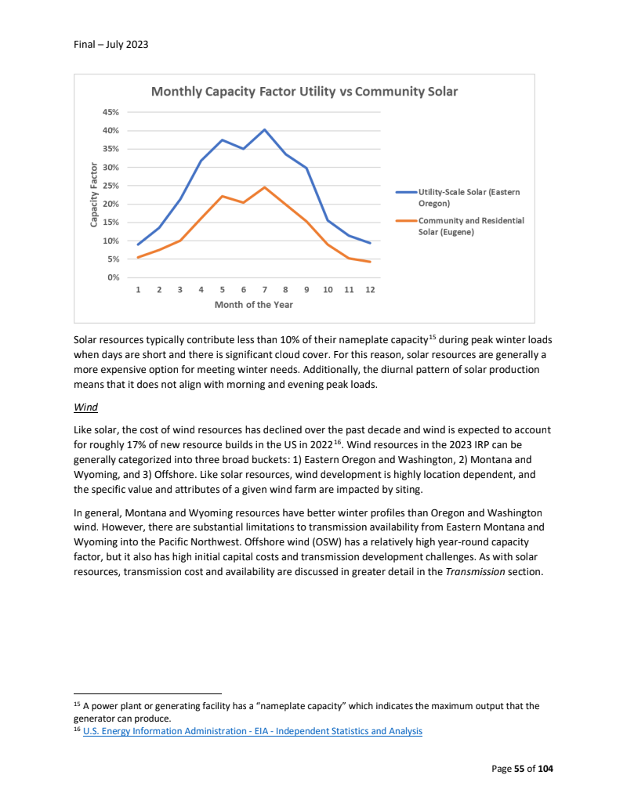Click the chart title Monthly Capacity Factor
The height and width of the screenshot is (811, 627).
click(304, 92)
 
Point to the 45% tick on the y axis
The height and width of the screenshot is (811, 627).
click(111, 112)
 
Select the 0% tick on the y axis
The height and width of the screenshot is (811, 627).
click(113, 277)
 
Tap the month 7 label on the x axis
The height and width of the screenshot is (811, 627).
click(265, 290)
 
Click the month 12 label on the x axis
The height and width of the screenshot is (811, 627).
click(370, 290)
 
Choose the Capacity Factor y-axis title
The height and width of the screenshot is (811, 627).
click(93, 195)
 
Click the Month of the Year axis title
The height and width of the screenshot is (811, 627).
click(254, 305)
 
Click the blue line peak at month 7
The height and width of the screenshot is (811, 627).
click(265, 129)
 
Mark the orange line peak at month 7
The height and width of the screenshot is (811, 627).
click(265, 187)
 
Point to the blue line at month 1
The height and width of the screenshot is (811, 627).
click(138, 244)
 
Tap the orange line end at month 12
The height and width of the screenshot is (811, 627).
click(370, 262)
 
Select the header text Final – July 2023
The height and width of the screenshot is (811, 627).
click(106, 45)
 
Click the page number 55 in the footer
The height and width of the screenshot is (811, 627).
click(519, 769)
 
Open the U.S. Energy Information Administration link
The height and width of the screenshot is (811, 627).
click(252, 731)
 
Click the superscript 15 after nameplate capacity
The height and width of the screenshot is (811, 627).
click(432, 338)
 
